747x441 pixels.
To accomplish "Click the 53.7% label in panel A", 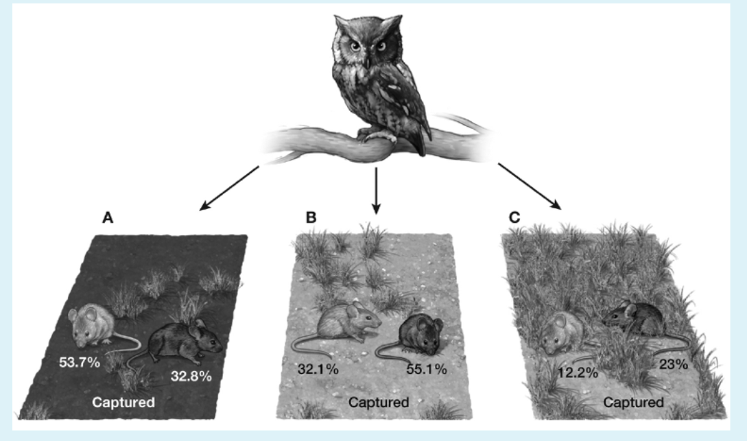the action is click(80, 362).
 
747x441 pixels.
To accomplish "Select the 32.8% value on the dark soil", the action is click(191, 377).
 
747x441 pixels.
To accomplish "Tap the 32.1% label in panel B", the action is click(318, 368).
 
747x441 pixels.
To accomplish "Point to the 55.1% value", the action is click(427, 368).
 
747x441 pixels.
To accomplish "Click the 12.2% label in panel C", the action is click(578, 372).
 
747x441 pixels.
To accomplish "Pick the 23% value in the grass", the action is click(674, 364).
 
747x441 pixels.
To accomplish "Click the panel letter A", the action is click(108, 217).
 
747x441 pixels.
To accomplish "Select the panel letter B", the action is click(311, 217).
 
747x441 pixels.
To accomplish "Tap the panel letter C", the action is click(514, 217).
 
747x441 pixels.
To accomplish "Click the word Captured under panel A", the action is click(123, 403).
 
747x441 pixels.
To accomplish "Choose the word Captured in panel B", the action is click(379, 403).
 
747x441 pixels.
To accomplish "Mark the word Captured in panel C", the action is click(634, 403).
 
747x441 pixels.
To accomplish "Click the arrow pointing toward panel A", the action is click(229, 188).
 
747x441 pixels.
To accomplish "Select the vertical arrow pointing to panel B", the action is click(377, 191).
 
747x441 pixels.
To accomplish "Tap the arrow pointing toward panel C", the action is click(530, 187).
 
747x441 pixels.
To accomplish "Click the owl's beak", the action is click(367, 62).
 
